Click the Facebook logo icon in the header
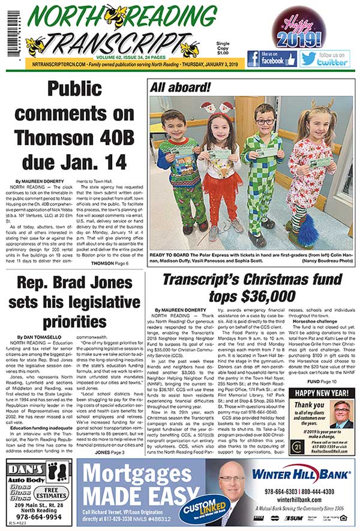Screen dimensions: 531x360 click(x=255, y=59)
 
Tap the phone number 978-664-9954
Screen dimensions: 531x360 click(x=37, y=515)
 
